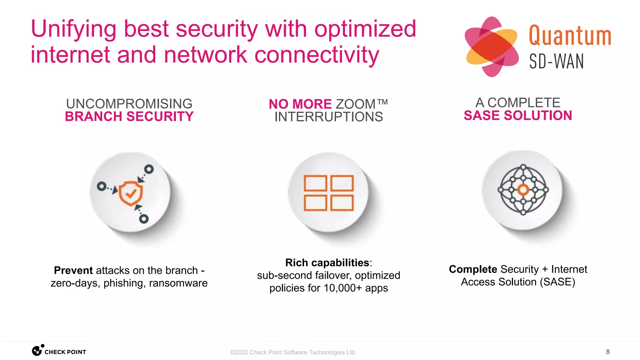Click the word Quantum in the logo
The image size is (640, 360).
(x=570, y=36)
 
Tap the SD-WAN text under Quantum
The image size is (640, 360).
(x=556, y=61)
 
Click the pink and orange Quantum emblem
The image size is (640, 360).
(x=492, y=47)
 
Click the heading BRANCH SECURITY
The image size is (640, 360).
(x=129, y=117)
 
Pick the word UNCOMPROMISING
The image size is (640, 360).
(x=129, y=104)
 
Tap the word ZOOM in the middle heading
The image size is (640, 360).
(x=355, y=104)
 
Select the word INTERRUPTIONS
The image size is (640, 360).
(x=328, y=117)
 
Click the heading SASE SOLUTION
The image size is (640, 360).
(x=518, y=116)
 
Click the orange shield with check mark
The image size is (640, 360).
(x=131, y=193)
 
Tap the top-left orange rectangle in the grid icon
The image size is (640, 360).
(x=315, y=183)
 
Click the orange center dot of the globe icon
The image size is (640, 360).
(x=523, y=190)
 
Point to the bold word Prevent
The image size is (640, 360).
(x=73, y=270)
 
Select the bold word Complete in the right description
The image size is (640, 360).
(x=473, y=269)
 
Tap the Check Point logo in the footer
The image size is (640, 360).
(x=59, y=351)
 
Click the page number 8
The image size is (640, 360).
(x=607, y=352)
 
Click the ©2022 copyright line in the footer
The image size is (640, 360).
(x=293, y=352)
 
